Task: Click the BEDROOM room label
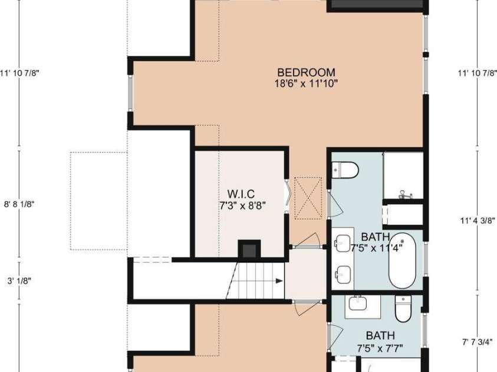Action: [306, 72]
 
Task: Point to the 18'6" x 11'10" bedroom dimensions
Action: [306, 83]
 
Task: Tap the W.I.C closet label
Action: [241, 194]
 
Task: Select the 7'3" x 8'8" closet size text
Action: [241, 205]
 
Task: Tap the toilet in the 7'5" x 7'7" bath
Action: [403, 308]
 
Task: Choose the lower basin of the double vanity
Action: [343, 272]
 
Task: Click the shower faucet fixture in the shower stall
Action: [404, 193]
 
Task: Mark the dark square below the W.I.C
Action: [248, 249]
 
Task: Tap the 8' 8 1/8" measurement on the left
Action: [20, 205]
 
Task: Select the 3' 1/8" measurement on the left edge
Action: [19, 281]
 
